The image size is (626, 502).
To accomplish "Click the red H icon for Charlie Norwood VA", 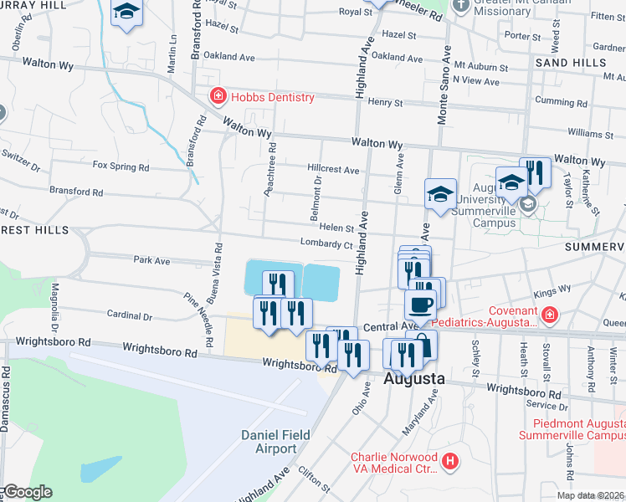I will coord(450,461).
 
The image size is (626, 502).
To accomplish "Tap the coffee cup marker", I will coord(420,305).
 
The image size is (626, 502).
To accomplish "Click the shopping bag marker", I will coord(423,345).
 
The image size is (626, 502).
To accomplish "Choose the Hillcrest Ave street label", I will coord(333,169).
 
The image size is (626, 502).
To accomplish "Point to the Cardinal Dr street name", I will coord(129,316).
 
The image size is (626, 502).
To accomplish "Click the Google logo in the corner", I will coord(28,491).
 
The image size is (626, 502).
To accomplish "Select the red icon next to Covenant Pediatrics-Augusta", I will coord(550,315).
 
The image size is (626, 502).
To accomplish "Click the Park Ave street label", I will coord(151,261).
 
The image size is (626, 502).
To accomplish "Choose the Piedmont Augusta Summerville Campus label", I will coord(571,428).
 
